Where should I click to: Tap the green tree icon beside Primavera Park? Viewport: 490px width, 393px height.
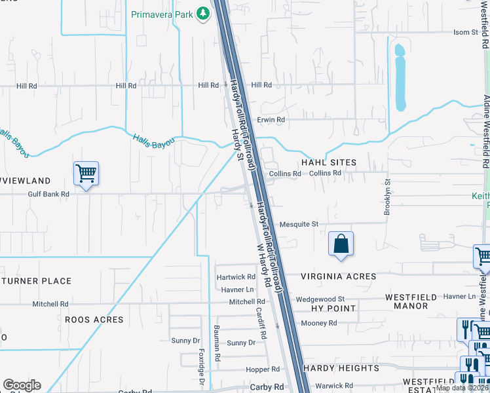[203, 13]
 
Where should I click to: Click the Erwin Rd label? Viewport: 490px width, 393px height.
[271, 120]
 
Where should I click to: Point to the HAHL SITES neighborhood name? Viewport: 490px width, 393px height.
[328, 162]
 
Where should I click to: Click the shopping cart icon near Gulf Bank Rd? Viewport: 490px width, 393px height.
[86, 174]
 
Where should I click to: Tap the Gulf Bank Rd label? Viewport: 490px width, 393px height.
[48, 194]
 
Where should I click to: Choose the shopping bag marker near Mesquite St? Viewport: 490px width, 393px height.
[341, 245]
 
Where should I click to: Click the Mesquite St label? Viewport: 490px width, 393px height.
[299, 224]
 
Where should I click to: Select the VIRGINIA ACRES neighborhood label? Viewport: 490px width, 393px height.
[338, 276]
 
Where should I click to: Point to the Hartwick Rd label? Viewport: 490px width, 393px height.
[236, 277]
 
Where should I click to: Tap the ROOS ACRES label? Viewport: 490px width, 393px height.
[94, 320]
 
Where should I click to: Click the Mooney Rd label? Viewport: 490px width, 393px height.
[318, 323]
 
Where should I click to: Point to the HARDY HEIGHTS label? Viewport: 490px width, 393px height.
[341, 368]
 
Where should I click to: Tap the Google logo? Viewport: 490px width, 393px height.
[22, 385]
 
